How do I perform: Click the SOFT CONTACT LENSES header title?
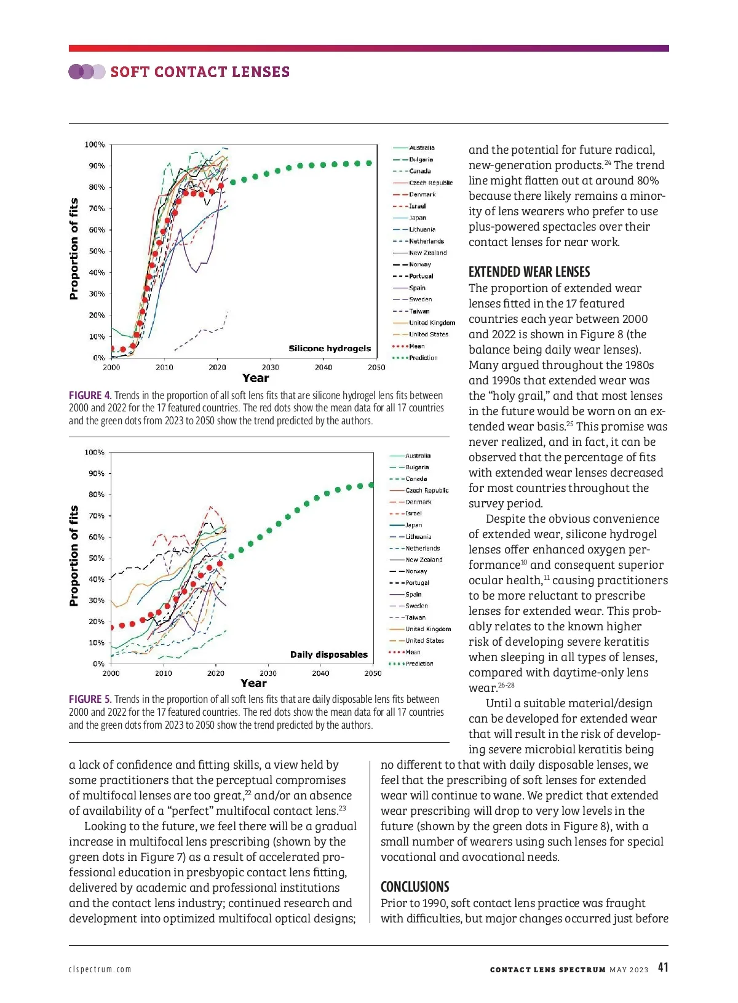pos(200,72)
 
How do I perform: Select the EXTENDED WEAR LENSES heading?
pos(529,272)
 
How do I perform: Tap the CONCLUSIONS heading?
pos(415,887)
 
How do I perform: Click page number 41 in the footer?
pos(663,967)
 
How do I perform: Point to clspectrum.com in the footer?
pos(100,969)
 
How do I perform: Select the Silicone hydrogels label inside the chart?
pos(330,348)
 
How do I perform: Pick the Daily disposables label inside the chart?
pos(328,654)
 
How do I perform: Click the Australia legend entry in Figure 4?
pos(421,148)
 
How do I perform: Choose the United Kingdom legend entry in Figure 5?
pos(427,629)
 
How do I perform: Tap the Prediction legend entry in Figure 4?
pos(423,357)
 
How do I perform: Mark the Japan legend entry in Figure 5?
pos(413,525)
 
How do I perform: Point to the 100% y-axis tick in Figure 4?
pos(95,145)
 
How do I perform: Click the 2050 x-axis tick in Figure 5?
pos(373,673)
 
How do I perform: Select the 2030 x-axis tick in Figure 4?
pos(270,367)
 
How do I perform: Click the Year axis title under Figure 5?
pos(253,683)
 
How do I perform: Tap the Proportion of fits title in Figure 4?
pos(74,248)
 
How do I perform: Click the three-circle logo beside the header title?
pos(87,72)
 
